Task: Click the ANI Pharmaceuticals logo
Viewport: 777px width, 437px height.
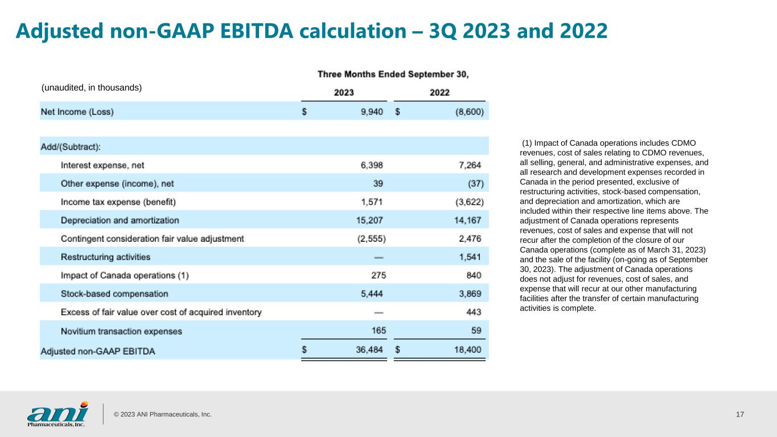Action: (57, 414)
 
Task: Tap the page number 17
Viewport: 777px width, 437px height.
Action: (740, 414)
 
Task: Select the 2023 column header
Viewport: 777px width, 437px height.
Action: (344, 93)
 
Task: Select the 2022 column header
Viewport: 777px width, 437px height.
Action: (439, 93)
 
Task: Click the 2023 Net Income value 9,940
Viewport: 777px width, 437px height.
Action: (372, 112)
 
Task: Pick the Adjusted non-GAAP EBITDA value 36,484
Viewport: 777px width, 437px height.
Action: (369, 349)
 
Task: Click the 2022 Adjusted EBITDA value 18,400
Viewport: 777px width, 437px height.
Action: (467, 349)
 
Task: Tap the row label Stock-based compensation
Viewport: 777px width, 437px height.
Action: (114, 294)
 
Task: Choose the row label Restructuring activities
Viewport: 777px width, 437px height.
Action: (105, 257)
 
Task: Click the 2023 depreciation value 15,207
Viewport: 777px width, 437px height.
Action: (369, 220)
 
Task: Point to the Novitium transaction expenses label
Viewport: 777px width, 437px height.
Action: (121, 331)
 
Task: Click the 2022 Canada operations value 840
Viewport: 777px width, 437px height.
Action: (474, 275)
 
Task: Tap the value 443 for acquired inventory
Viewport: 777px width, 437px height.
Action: (474, 312)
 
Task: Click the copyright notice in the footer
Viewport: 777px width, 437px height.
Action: (163, 414)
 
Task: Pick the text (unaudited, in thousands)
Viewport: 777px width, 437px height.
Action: (92, 88)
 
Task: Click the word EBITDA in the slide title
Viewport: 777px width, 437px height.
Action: (257, 31)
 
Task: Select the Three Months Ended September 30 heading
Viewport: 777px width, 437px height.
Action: (393, 74)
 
